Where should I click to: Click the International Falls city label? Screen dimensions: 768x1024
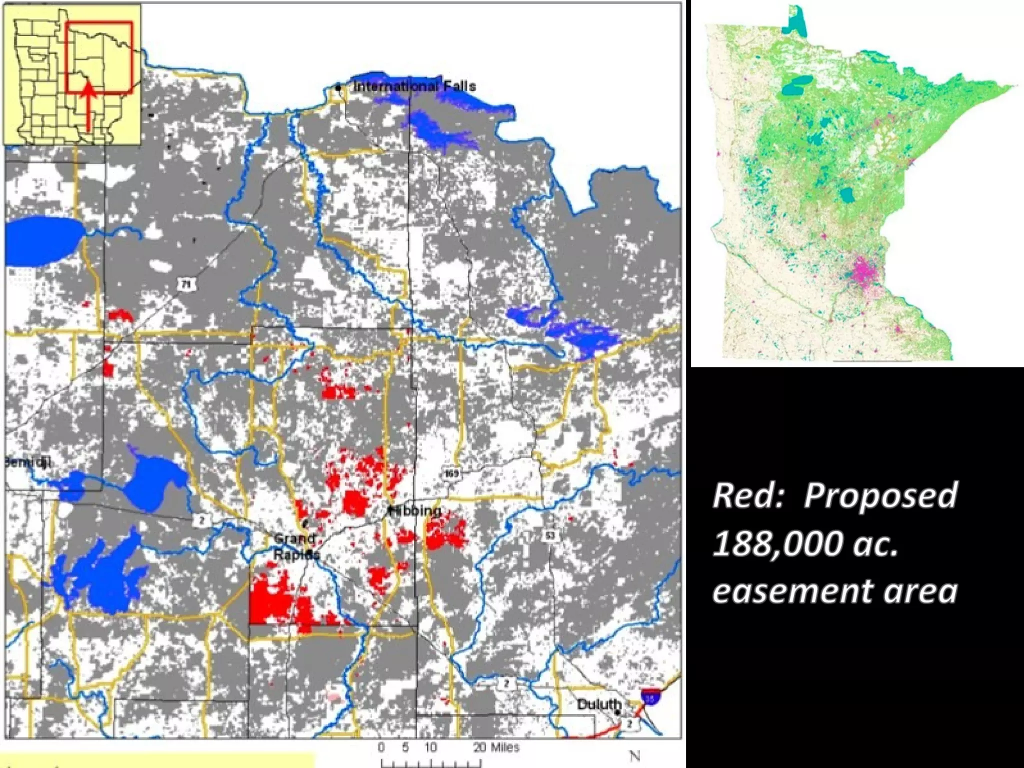(x=414, y=86)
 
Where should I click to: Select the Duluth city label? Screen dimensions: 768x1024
(x=598, y=704)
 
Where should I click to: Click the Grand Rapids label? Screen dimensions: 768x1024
(x=296, y=546)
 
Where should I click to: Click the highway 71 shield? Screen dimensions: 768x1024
(x=186, y=284)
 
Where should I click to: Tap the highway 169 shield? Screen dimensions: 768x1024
(x=451, y=473)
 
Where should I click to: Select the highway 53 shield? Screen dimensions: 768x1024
(x=549, y=536)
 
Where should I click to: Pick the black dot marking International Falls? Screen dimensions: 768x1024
(x=338, y=88)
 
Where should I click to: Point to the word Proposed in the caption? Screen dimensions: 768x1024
(x=880, y=495)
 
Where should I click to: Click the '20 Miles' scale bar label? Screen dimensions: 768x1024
(x=496, y=747)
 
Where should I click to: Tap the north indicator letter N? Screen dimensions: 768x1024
(x=634, y=755)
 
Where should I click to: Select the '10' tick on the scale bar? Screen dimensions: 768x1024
(x=430, y=747)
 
